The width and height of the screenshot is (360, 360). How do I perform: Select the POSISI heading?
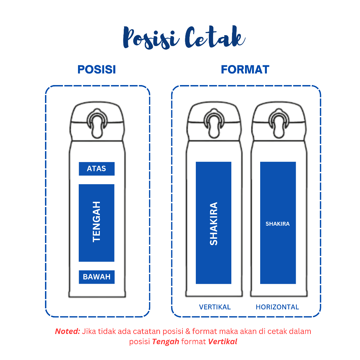[97, 70]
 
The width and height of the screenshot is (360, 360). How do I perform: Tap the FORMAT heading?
[245, 70]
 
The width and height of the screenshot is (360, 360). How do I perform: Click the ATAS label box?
[97, 169]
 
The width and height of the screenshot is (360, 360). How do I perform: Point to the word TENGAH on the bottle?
[96, 221]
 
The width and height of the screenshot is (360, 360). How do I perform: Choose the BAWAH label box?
[97, 277]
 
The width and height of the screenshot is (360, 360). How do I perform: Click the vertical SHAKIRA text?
[213, 224]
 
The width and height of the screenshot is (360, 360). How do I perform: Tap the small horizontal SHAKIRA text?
[278, 224]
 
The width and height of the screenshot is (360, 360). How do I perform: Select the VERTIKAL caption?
[215, 307]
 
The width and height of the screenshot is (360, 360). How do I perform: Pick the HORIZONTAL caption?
[277, 307]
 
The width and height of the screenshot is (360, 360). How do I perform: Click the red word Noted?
[67, 331]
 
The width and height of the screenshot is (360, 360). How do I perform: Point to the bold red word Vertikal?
[223, 341]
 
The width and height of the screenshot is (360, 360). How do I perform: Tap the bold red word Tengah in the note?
[166, 341]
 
